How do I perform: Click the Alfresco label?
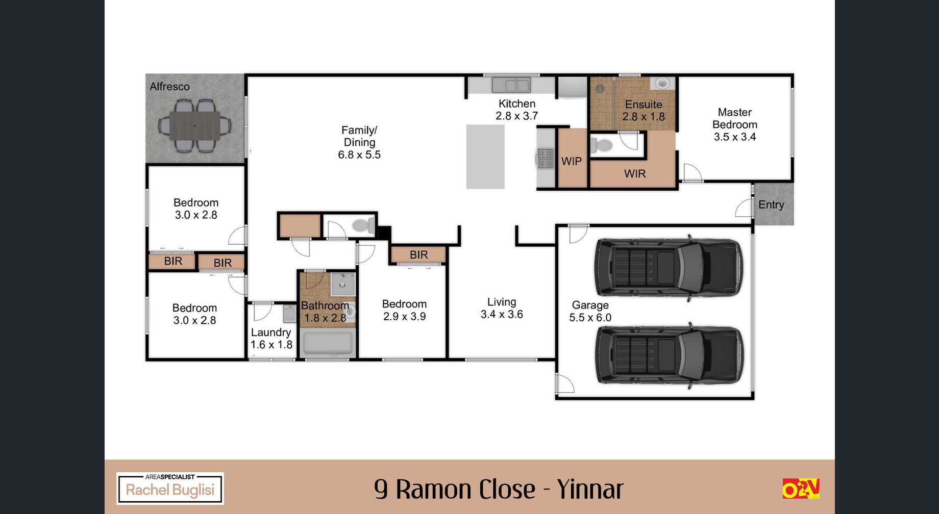[x=169, y=87]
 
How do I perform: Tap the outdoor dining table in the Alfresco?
[x=195, y=125]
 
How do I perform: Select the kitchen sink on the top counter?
[x=511, y=85]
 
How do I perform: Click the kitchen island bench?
[x=485, y=157]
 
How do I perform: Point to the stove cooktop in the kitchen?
[x=545, y=158]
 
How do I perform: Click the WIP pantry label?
[x=572, y=161]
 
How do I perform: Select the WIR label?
[x=635, y=174]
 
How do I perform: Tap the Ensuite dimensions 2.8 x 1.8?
[x=644, y=117]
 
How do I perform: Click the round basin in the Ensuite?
[x=662, y=83]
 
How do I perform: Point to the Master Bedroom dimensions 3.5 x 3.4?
[x=735, y=137]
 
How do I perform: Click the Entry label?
[x=771, y=204]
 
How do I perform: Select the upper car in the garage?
[x=669, y=268]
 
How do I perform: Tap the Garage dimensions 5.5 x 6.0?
[x=590, y=317]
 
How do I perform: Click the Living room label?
[x=502, y=302]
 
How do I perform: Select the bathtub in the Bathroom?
[x=327, y=344]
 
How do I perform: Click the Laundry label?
[x=271, y=332]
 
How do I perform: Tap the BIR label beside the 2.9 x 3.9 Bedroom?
[x=418, y=254]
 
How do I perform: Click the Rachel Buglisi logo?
[x=170, y=489]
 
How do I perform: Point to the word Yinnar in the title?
[x=590, y=489]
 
